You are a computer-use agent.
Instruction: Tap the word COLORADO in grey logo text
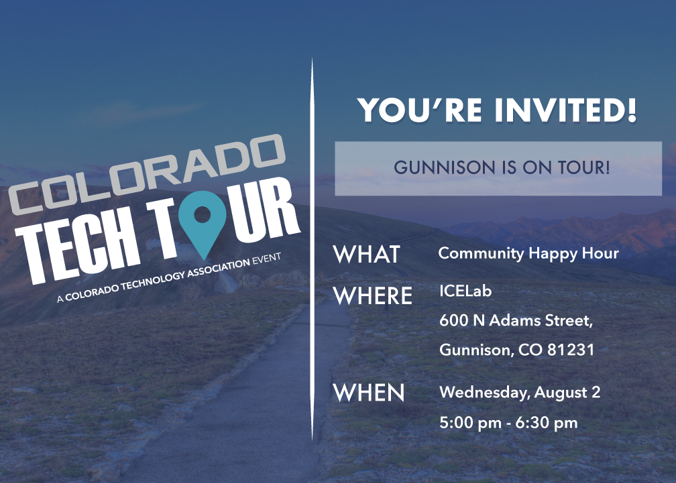tap(148, 174)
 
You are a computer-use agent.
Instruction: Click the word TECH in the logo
tap(80, 249)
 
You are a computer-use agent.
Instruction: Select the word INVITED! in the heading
tap(565, 111)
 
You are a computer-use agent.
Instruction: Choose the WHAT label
tap(366, 255)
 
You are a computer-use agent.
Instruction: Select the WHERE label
tap(372, 295)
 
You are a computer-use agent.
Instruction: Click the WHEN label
tap(369, 393)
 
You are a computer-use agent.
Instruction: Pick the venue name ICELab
tap(465, 291)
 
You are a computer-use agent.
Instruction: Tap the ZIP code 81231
tap(571, 350)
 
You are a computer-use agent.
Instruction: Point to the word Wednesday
tap(485, 393)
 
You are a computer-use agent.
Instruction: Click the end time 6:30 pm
tap(546, 423)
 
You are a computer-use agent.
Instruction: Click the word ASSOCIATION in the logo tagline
tap(219, 269)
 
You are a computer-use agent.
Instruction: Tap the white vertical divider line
tap(312, 249)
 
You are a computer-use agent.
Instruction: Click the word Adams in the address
tap(515, 321)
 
